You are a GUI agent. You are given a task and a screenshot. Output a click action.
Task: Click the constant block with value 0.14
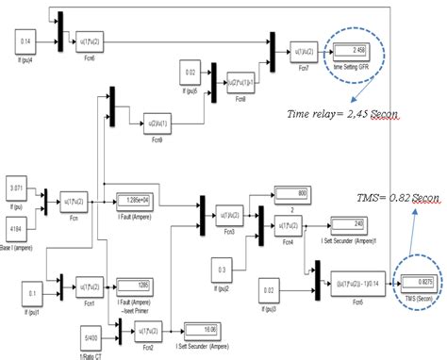[25, 41]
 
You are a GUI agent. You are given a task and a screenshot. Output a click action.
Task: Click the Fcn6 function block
[92, 41]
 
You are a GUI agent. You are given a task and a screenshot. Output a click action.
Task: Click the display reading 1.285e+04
[139, 201]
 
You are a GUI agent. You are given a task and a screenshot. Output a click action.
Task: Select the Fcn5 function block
[348, 280]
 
